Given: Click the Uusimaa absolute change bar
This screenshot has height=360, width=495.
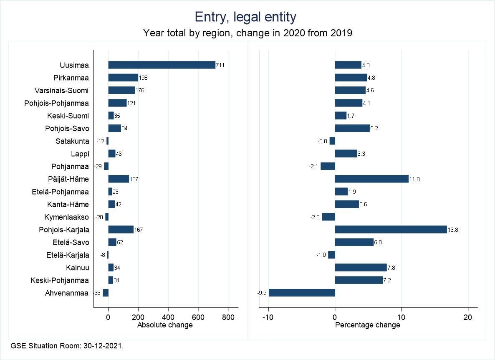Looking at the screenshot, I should click(162, 65).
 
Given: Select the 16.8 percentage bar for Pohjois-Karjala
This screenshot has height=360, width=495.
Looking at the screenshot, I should click(391, 230).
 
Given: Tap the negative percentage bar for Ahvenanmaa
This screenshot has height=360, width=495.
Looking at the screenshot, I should click(302, 293).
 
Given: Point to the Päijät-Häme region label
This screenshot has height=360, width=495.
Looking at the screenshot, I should click(68, 179).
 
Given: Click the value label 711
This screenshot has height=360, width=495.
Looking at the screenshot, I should click(220, 65).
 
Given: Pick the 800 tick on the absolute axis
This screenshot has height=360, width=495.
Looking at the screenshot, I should click(229, 317).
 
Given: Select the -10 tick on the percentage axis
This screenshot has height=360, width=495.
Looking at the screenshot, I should click(268, 317).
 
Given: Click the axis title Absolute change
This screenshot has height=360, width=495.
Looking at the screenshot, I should click(165, 325).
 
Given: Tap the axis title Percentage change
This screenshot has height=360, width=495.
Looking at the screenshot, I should click(368, 325).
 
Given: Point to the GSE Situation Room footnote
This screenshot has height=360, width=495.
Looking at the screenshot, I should click(67, 346).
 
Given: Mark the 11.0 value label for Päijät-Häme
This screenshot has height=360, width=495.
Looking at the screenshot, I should click(414, 179).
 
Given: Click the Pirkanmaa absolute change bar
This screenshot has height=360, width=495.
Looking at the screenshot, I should click(123, 78).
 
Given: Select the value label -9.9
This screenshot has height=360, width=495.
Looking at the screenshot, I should click(263, 293).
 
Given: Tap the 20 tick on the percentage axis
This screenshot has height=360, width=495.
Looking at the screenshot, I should click(468, 317).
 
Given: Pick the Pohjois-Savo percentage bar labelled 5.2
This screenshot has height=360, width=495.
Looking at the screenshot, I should click(352, 128).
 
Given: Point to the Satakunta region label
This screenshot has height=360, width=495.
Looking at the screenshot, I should click(72, 141).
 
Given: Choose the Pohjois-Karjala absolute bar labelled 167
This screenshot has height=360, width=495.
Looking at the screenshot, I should click(121, 230).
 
